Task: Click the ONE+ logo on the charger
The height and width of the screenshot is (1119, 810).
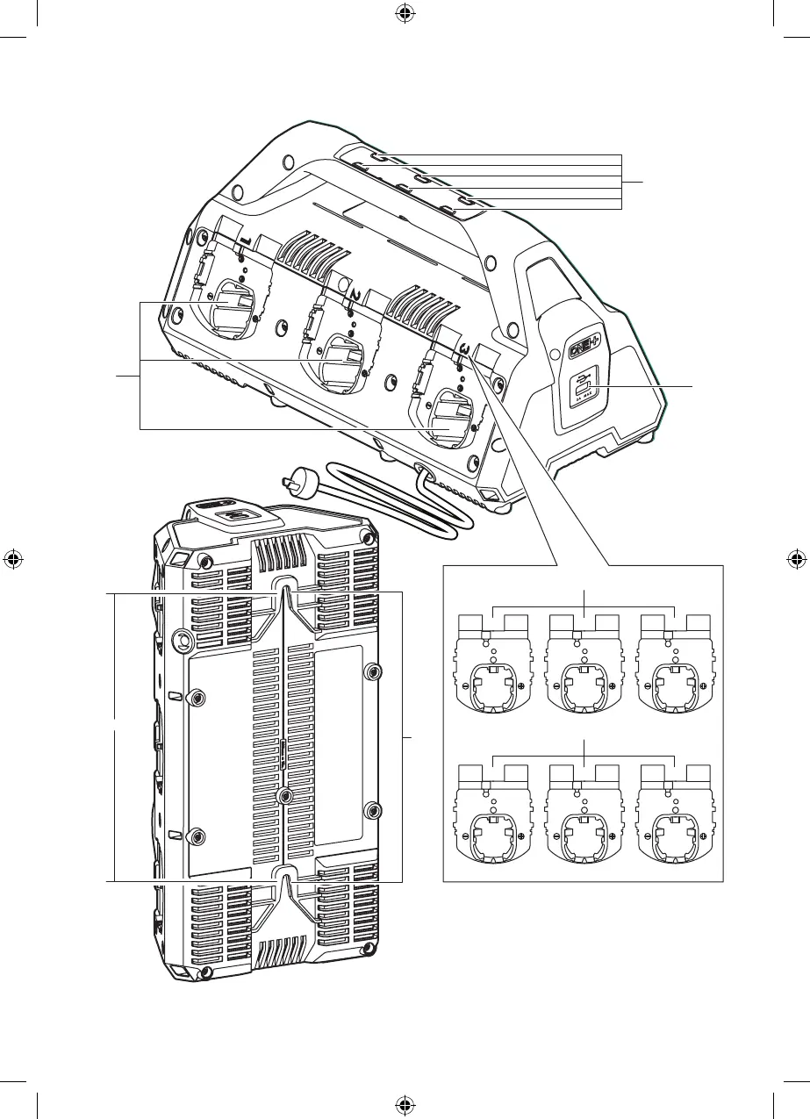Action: coord(580,347)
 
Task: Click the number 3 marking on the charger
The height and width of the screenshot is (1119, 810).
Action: coord(463,346)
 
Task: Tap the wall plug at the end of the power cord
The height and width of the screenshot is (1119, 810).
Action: coord(288,481)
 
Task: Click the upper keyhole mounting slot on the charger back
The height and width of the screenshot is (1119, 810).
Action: coord(283,587)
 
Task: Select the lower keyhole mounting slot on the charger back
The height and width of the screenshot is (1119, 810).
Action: coord(283,873)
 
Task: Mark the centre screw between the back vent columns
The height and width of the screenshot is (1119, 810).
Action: coord(283,794)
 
